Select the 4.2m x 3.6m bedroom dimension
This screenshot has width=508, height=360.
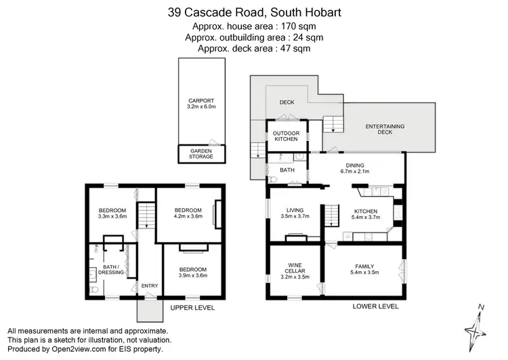pos(188,217)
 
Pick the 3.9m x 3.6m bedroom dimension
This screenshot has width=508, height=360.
pos(192,275)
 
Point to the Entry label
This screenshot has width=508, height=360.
pos(149,286)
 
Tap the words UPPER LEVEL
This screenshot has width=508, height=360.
pos(192,308)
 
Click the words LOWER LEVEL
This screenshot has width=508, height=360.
pos(376,306)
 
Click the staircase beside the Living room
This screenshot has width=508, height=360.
pos(331,217)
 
